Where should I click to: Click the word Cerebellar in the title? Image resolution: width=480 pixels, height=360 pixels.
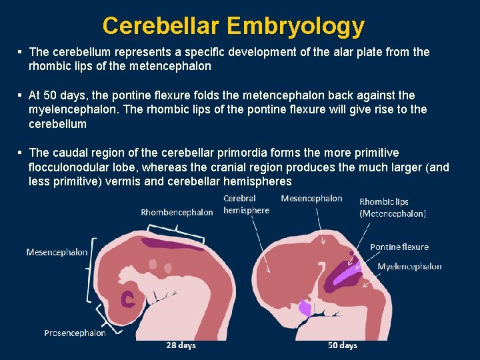click(161, 26)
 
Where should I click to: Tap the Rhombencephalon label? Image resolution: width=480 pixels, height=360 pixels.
click(177, 212)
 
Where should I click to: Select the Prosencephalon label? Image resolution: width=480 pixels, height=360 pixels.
click(75, 333)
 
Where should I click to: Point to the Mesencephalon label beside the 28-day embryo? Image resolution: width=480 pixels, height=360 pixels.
click(57, 252)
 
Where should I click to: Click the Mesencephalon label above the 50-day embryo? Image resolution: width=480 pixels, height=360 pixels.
click(311, 198)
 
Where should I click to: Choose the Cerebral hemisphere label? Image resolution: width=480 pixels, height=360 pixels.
click(246, 204)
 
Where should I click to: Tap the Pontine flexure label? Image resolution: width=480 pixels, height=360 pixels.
click(399, 247)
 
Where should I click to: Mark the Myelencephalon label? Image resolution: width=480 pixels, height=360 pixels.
click(409, 266)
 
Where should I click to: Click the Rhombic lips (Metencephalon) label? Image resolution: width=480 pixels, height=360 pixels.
click(393, 207)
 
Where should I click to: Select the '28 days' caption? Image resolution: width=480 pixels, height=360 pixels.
click(181, 345)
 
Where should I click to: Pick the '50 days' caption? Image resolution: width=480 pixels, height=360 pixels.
click(343, 345)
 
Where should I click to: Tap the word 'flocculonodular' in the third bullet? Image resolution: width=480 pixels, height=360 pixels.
click(68, 167)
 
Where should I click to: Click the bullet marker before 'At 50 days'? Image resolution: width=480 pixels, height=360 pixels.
click(21, 95)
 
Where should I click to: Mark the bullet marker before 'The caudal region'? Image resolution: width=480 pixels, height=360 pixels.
click(21, 153)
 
